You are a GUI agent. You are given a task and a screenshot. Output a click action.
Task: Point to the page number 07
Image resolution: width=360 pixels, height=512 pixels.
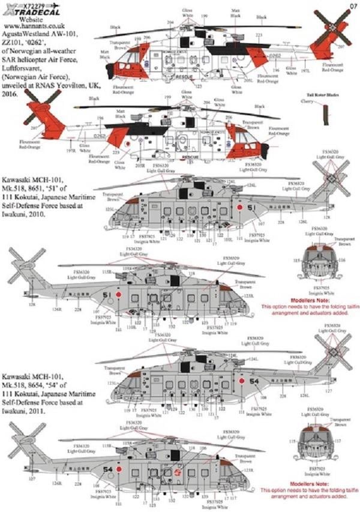pyautogui.click(x=352, y=6)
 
